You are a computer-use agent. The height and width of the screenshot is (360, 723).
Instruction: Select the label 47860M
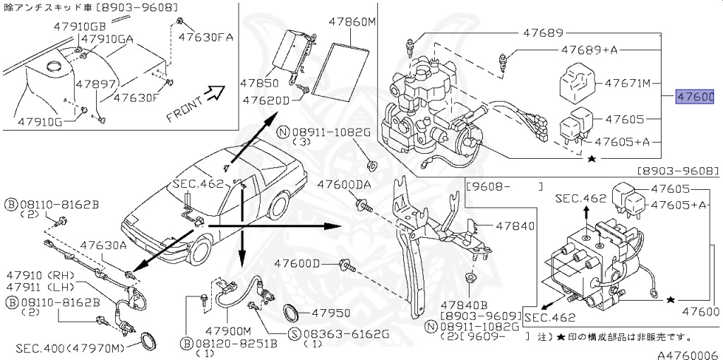(x=352, y=22)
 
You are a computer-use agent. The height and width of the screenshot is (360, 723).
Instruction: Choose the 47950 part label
(x=331, y=312)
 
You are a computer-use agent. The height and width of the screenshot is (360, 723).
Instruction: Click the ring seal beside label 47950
(x=291, y=313)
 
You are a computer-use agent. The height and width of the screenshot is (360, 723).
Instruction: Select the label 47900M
(x=228, y=330)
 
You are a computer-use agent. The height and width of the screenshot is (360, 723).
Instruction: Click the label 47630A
(x=103, y=246)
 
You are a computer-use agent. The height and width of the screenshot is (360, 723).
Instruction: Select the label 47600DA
(x=344, y=184)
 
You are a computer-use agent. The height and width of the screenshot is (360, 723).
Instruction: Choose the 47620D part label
(x=266, y=100)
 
